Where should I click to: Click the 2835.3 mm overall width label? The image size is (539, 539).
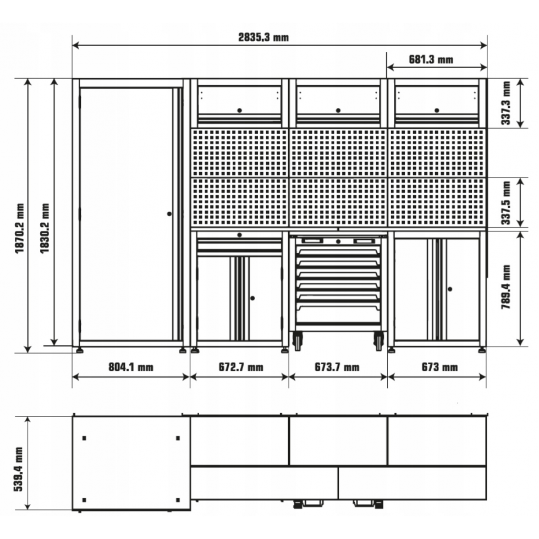click(x=263, y=37)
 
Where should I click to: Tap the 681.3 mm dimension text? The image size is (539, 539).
click(x=431, y=59)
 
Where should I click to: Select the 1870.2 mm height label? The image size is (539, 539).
click(x=20, y=228)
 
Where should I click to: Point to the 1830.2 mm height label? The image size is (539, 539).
click(x=45, y=228)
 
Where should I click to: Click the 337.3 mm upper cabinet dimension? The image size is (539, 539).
click(x=505, y=103)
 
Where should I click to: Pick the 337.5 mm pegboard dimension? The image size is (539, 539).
click(x=505, y=203)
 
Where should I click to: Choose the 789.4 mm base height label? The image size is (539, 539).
click(x=505, y=287)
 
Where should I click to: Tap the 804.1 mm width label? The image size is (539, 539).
click(x=131, y=367)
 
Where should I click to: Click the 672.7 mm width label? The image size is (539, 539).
click(x=241, y=367)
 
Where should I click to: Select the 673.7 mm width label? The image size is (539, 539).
click(x=337, y=367)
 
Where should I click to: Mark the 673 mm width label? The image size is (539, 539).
click(x=439, y=367)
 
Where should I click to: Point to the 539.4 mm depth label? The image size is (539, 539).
click(x=19, y=469)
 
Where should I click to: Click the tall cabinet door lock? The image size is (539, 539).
click(x=169, y=214)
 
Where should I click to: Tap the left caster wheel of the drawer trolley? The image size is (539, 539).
click(x=298, y=341)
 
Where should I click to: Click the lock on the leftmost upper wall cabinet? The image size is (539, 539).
click(x=240, y=111)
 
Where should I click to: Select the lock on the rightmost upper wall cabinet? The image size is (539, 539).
click(x=437, y=111)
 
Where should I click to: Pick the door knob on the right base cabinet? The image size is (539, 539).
click(x=450, y=289)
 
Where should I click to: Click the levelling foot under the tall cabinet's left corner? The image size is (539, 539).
click(x=79, y=351)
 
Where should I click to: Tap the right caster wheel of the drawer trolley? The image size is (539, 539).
click(x=378, y=341)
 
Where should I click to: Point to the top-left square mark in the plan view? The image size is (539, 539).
click(x=84, y=438)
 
